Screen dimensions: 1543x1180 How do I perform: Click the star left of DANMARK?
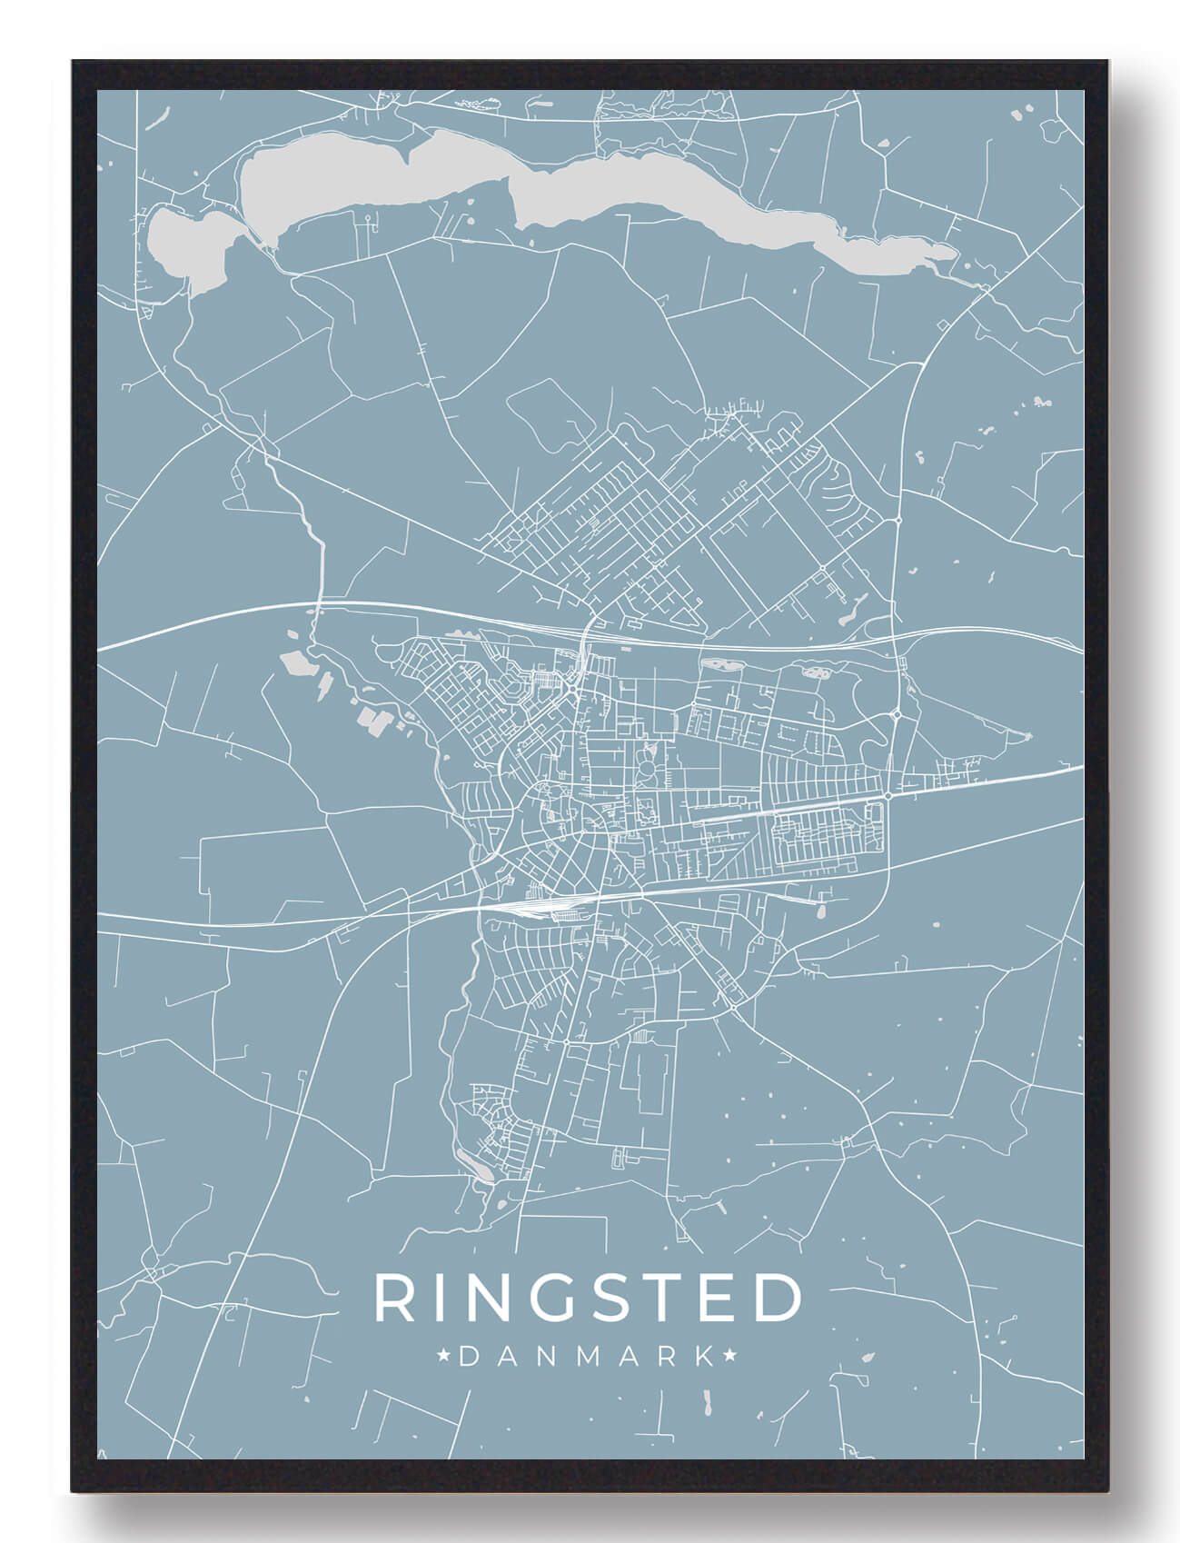[445, 1357]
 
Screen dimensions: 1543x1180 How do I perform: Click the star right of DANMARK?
[729, 1357]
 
